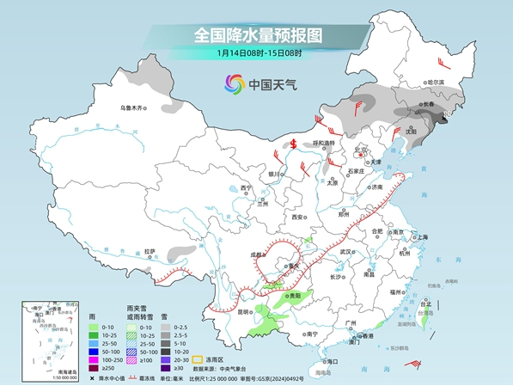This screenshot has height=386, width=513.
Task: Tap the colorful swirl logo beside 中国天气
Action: point(235,84)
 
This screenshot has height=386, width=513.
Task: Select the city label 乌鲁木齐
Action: point(133,108)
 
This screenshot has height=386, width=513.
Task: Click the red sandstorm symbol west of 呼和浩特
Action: point(293,144)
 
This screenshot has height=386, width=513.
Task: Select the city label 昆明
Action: point(247,311)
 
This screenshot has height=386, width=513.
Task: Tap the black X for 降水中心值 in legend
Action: point(89,377)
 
